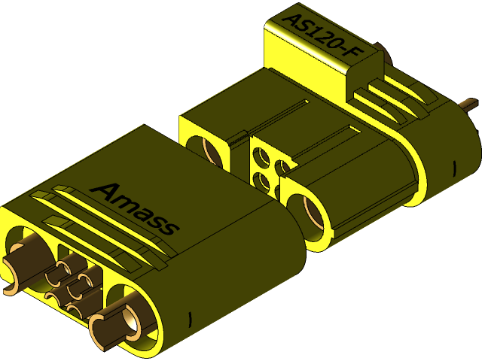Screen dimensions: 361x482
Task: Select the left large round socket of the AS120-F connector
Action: tap(212, 150)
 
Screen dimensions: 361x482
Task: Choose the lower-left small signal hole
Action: tap(261, 180)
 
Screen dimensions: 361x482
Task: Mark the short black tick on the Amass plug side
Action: tap(190, 317)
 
